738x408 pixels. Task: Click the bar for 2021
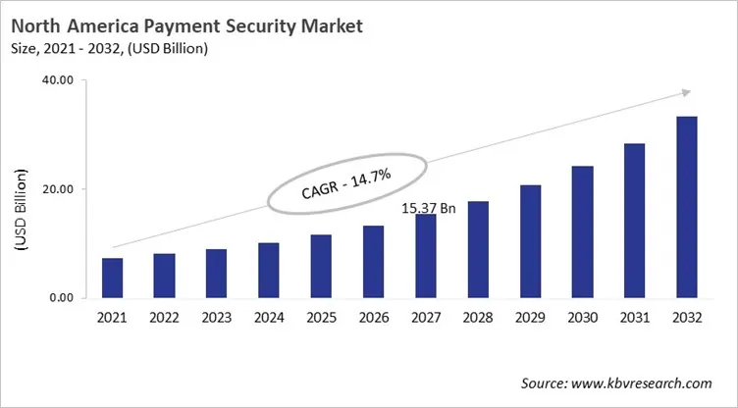(113, 279)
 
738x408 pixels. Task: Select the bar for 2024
(269, 271)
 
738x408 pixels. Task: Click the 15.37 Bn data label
(430, 208)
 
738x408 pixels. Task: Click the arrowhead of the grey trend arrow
(684, 93)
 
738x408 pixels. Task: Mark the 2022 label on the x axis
(165, 318)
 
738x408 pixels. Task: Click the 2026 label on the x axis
(373, 318)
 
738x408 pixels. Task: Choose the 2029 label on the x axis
(530, 318)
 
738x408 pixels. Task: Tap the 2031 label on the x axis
(634, 318)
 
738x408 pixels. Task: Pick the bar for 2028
(478, 250)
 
